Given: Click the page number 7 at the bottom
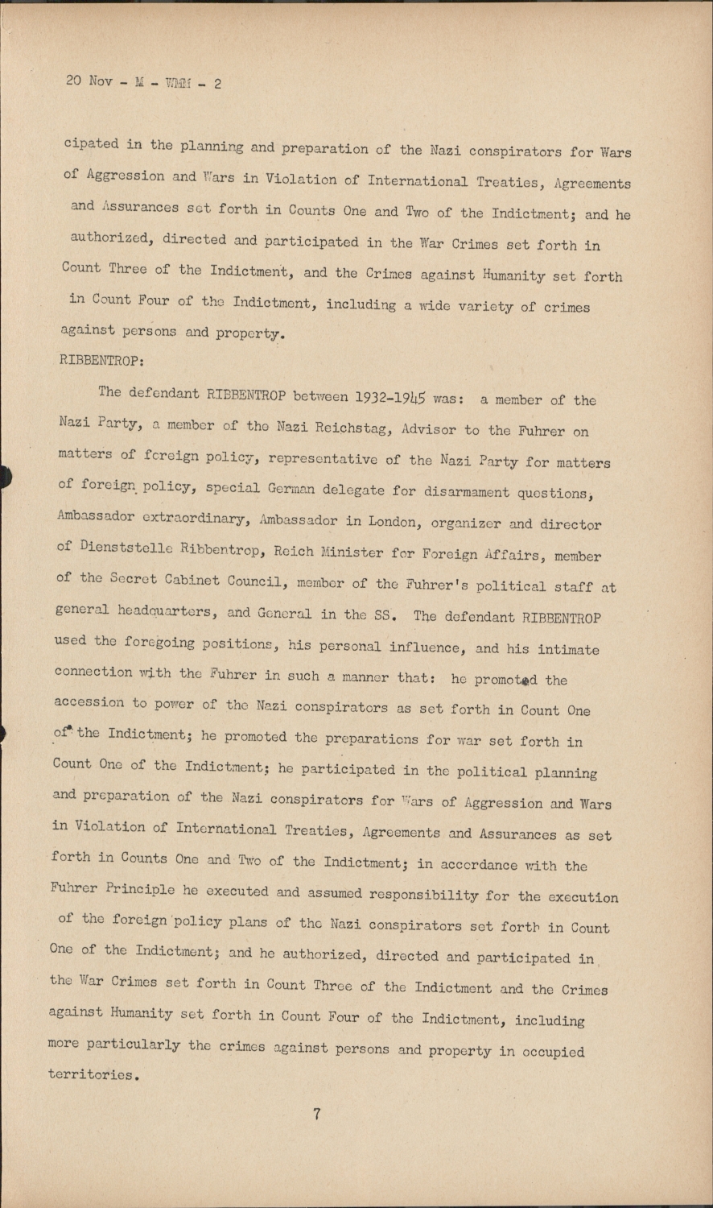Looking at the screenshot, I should pyautogui.click(x=317, y=1115).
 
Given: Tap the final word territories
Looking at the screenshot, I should pyautogui.click(x=95, y=1074).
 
